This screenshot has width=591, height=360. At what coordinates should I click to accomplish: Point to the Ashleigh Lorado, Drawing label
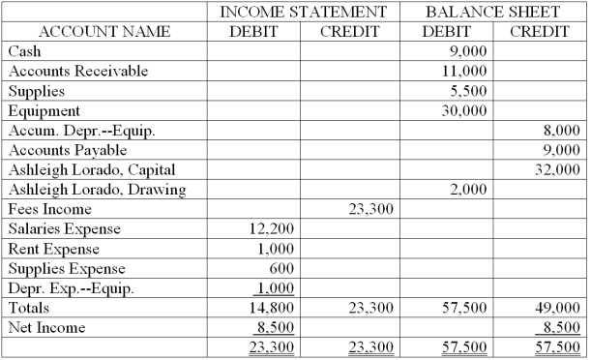point(95,190)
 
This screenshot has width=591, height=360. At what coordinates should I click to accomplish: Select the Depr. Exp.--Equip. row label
point(69,287)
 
